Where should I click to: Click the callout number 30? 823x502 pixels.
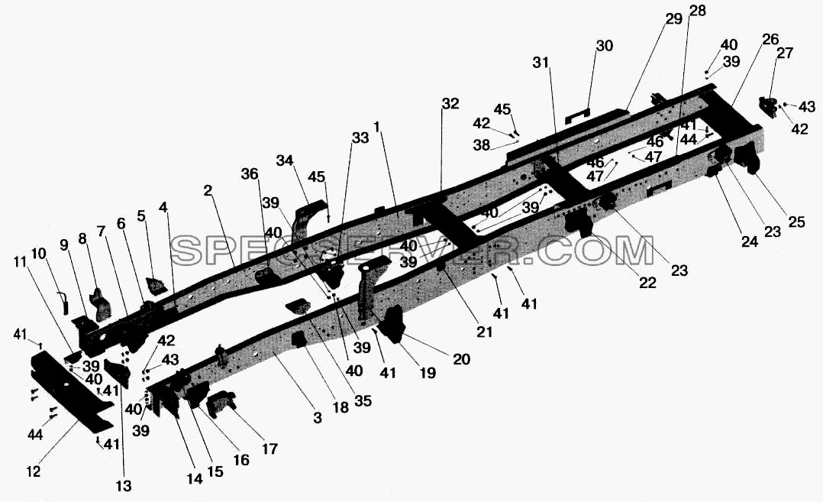pos(605,46)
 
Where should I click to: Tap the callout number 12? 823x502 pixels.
pos(33,471)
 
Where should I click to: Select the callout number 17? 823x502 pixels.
pos(269,449)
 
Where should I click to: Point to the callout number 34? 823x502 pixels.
pos(285,160)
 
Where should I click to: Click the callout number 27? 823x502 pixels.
pos(785,53)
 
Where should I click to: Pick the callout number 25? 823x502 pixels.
pos(796,222)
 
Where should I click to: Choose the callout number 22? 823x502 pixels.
pos(647,283)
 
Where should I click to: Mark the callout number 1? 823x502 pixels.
pos(376,127)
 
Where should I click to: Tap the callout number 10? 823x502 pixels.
pos(39,254)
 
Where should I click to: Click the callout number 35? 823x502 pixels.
pos(363,400)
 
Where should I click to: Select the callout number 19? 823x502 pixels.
pos(428,373)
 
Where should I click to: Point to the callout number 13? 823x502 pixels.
pos(124,486)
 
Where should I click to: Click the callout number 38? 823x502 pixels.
pos(481,145)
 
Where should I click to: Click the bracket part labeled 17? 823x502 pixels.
pos(221,403)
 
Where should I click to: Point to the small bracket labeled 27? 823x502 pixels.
pos(768,108)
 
